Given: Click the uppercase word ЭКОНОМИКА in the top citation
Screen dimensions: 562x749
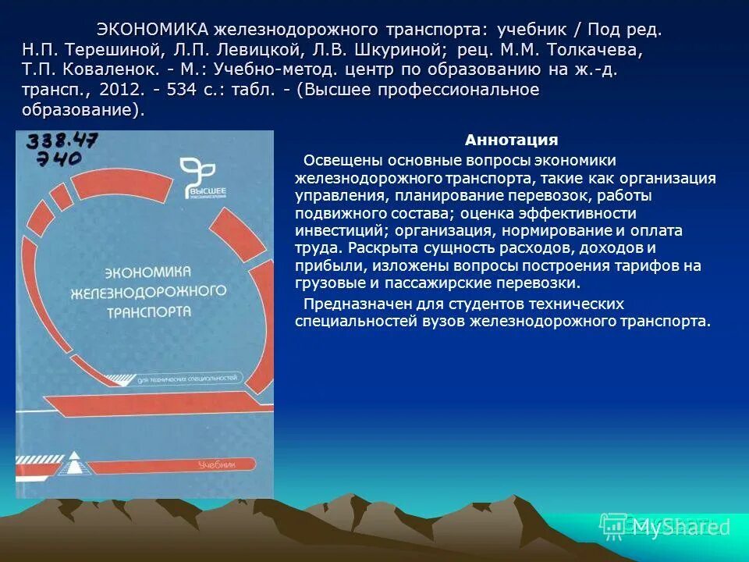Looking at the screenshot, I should coord(152,30).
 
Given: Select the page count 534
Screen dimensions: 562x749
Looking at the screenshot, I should coord(181,91).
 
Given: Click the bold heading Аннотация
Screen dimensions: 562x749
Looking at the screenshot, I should coord(511,140).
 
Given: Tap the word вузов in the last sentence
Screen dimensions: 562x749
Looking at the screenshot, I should coord(447,321).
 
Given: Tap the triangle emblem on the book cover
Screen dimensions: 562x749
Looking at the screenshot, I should coord(73,462).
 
